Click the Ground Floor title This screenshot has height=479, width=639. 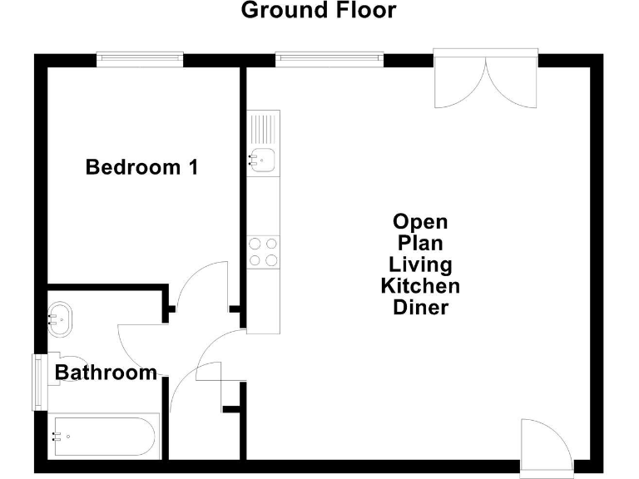click(x=319, y=11)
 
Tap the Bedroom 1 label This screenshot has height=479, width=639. click(x=142, y=167)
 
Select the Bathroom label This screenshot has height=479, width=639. click(x=106, y=373)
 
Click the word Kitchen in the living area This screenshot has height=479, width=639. click(x=420, y=287)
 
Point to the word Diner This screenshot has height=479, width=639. click(x=420, y=308)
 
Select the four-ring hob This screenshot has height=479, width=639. click(x=264, y=251)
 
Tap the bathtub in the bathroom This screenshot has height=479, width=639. click(x=102, y=435)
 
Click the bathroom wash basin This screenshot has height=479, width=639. click(x=61, y=318)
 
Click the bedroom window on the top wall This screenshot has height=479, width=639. click(x=139, y=58)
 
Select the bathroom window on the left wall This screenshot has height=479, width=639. click(x=38, y=382)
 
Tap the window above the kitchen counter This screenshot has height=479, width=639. click(x=329, y=58)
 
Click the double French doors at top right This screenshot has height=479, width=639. click(x=487, y=79)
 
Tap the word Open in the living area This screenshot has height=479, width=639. click(x=420, y=222)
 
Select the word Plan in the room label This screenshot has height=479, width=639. click(x=420, y=244)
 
